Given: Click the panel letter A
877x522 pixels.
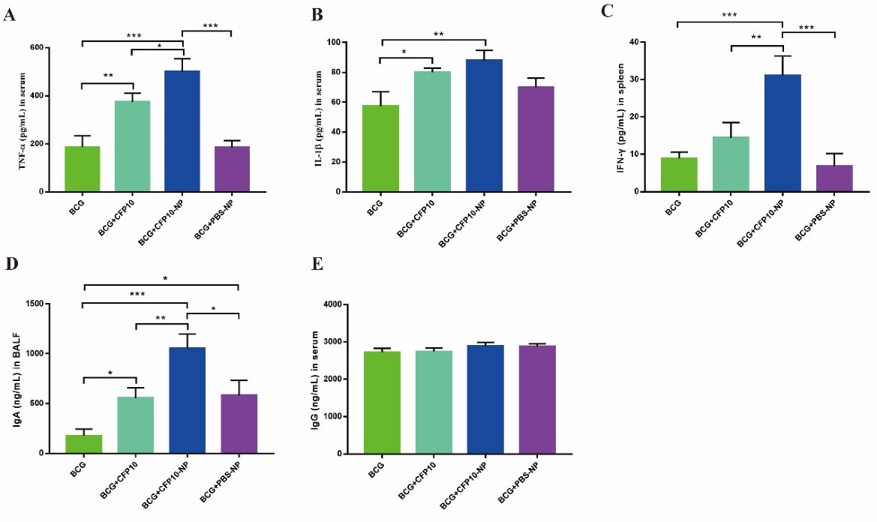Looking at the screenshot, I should click(9, 16).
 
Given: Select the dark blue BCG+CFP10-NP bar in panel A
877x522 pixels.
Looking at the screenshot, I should click(182, 131).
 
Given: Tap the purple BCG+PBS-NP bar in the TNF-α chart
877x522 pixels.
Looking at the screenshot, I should click(232, 169).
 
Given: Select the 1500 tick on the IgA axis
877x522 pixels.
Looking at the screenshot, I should click(36, 304).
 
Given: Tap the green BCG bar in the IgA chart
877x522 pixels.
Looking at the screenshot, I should click(84, 444).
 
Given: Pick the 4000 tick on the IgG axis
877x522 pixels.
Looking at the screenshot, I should click(332, 304).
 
